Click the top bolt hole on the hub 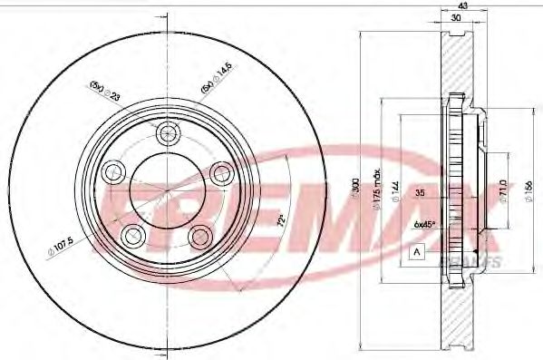[x=166, y=134]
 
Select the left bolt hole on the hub [x=113, y=170]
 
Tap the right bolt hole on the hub [x=220, y=171]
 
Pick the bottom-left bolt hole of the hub [x=133, y=234]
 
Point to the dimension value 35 [x=420, y=194]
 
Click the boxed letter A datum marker [x=417, y=251]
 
